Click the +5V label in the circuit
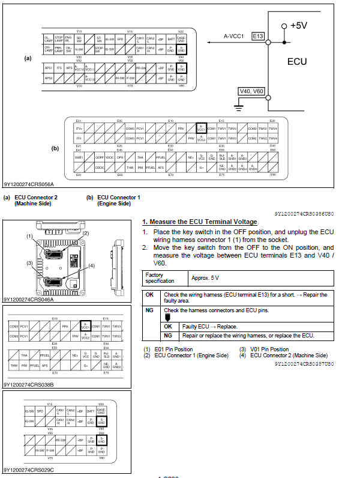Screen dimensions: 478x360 [299, 26]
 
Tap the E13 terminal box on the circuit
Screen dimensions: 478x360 [258, 37]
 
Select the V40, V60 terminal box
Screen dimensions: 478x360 [251, 92]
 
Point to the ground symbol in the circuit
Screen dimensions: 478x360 [239, 107]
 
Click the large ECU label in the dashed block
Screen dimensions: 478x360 [297, 61]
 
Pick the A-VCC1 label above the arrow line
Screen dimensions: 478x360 [233, 36]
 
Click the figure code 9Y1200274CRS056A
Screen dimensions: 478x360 [28, 185]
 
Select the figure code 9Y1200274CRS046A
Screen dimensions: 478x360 [28, 299]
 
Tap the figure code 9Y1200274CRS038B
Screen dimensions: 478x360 [28, 384]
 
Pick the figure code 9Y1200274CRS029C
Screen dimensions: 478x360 [28, 470]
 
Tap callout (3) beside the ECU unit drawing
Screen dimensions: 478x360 [28, 263]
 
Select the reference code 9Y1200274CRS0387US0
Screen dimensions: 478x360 [304, 364]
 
